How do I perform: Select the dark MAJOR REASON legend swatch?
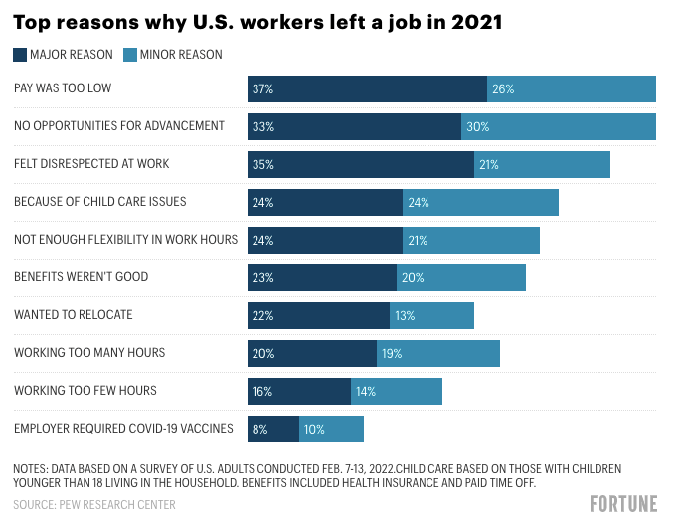click(x=20, y=55)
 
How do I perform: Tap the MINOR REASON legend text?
click(x=180, y=55)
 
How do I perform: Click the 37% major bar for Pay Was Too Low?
click(x=367, y=88)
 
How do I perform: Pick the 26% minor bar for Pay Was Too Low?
click(x=572, y=88)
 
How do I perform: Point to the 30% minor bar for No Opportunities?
click(x=559, y=126)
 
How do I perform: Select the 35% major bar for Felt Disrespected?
click(x=361, y=164)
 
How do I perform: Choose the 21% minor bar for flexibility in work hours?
click(x=471, y=240)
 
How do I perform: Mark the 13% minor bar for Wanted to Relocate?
click(x=431, y=315)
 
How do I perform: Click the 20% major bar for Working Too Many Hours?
click(x=312, y=353)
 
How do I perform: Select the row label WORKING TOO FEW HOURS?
click(x=85, y=391)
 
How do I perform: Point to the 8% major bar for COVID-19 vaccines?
click(x=273, y=429)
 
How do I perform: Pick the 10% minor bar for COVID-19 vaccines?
click(x=331, y=429)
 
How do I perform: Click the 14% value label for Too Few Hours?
click(x=366, y=391)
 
